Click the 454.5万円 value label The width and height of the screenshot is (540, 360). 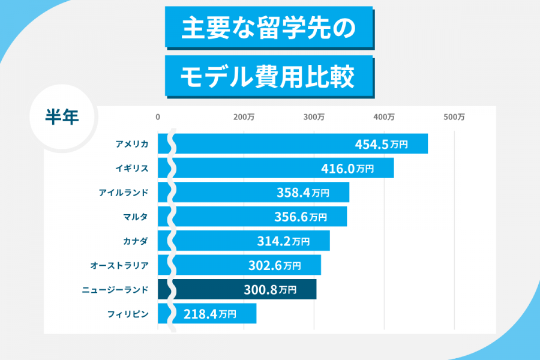point(381,144)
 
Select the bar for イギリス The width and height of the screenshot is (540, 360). point(282,168)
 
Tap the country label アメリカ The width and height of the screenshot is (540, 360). point(132,144)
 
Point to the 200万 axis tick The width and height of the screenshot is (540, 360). point(244,117)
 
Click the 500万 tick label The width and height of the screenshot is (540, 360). point(454,117)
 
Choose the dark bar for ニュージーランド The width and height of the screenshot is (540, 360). point(240,290)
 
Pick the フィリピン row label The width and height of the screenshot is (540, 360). point(128,314)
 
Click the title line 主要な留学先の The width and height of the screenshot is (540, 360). point(268,27)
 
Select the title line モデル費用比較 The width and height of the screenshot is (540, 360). point(268,76)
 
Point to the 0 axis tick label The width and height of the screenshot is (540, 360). point(158,117)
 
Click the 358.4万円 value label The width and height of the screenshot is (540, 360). point(302,193)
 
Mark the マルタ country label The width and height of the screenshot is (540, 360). point(135,217)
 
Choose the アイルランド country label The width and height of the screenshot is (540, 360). point(124,193)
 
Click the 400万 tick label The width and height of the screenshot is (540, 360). point(384,117)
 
